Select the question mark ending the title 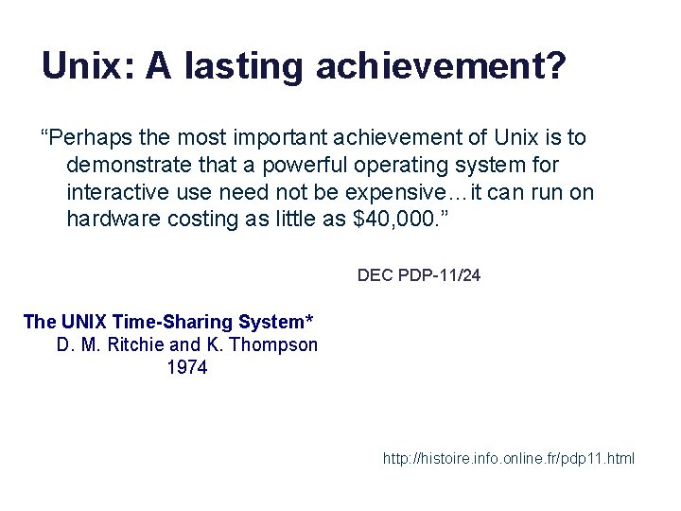click(555, 66)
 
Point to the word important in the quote click(263, 138)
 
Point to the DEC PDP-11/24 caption click(419, 276)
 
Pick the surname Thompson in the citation click(273, 344)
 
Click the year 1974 click(186, 368)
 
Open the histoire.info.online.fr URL click(509, 459)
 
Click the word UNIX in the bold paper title click(82, 322)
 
